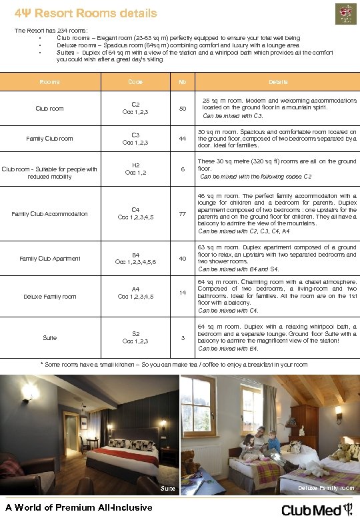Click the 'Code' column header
[x=135, y=82]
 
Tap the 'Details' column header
[x=278, y=82]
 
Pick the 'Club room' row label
[x=50, y=109]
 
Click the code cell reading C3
[x=135, y=138]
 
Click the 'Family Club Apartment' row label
[x=50, y=259]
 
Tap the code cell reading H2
[x=135, y=169]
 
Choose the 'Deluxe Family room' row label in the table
[x=50, y=297]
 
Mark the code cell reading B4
[x=135, y=259]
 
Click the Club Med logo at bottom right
[x=317, y=510]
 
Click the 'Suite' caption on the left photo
[x=168, y=489]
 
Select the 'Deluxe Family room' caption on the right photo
[x=326, y=489]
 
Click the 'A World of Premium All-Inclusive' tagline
[x=79, y=509]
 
